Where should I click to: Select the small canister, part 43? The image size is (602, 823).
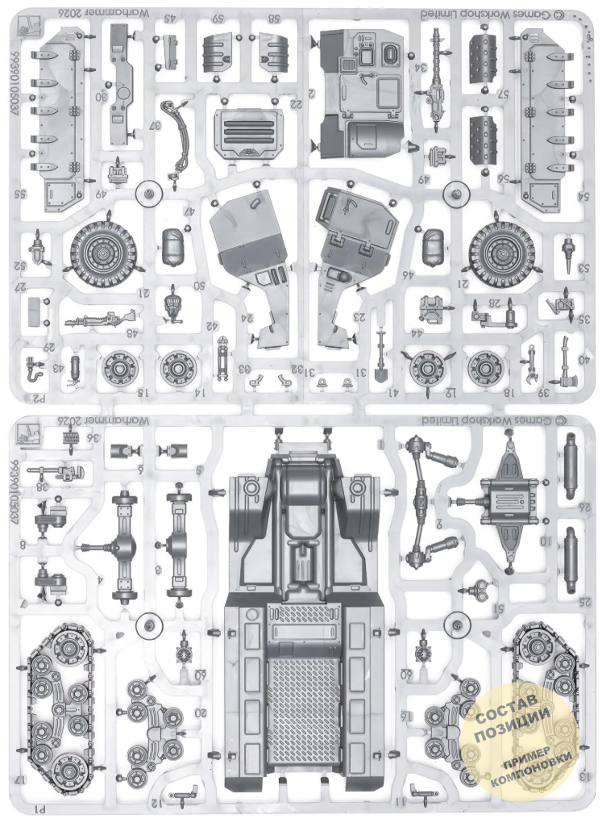click(x=76, y=367)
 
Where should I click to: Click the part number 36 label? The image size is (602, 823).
click(x=95, y=438)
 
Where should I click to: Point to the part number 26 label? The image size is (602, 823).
click(x=587, y=506)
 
